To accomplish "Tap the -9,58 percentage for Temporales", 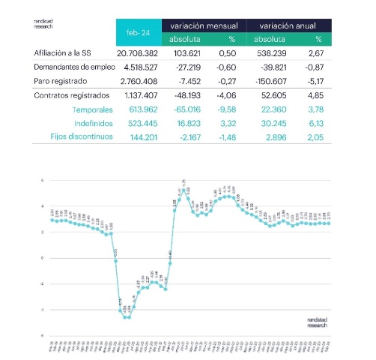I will pos(228,109).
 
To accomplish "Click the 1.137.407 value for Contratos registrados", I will pos(137,95).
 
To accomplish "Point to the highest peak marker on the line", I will pos(184,190).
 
